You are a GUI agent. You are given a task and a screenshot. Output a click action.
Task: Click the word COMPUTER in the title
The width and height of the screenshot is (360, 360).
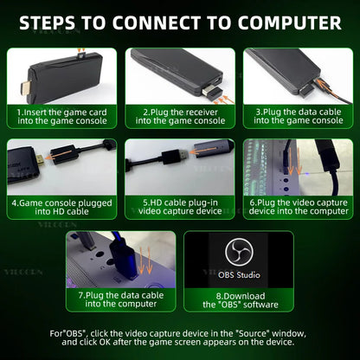[290, 22]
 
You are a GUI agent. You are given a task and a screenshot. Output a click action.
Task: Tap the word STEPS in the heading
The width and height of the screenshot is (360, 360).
[48, 22]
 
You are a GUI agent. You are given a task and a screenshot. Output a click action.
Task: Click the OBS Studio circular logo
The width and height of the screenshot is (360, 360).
[239, 252]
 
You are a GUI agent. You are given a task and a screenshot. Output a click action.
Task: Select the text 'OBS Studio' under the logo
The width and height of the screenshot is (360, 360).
[239, 275]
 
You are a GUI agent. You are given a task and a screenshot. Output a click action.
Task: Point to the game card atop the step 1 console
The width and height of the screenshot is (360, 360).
[82, 55]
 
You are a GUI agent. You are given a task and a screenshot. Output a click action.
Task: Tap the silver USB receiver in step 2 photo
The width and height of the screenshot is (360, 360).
[211, 90]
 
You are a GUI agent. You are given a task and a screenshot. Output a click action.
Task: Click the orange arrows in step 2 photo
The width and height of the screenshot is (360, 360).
[224, 100]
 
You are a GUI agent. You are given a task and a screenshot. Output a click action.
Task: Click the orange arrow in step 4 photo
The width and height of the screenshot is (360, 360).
[60, 155]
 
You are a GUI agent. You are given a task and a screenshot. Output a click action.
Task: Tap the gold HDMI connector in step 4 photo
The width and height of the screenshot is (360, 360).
[41, 160]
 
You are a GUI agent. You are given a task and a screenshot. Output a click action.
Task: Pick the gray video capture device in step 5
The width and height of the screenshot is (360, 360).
[214, 149]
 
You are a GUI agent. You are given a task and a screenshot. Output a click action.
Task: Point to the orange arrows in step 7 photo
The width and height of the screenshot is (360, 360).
[145, 260]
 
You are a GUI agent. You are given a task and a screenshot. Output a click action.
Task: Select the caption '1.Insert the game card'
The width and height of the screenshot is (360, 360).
[61, 112]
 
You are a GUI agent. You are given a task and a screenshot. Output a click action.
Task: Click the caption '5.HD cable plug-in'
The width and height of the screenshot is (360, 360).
[180, 202]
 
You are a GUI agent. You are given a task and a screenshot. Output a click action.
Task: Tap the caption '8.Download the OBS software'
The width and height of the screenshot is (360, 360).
[241, 300]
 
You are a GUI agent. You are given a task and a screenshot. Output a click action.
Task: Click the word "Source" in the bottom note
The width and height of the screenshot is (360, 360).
[253, 333]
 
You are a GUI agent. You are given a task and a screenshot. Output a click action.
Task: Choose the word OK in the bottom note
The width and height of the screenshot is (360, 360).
[105, 343]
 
